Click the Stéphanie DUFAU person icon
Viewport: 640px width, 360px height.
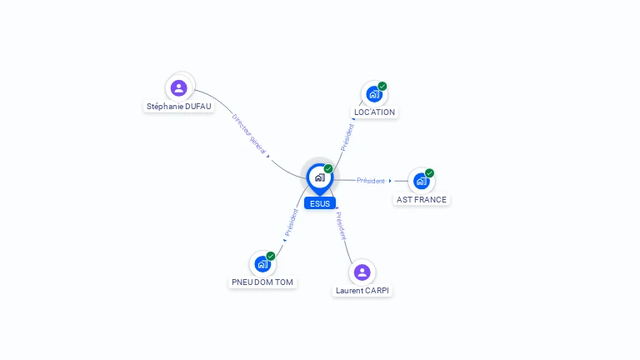(179, 87)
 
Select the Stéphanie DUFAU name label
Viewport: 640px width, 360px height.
(179, 107)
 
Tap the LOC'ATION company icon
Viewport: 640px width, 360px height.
(374, 94)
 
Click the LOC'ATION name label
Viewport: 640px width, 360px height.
(374, 112)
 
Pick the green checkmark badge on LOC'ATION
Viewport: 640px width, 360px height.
(382, 86)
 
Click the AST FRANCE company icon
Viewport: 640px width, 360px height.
(421, 181)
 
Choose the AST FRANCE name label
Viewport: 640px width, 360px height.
(421, 200)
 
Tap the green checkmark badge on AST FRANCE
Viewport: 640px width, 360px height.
(429, 173)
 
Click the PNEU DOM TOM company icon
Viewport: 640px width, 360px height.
(262, 264)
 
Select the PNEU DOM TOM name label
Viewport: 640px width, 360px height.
(262, 282)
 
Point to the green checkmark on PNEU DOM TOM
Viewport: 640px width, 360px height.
(271, 256)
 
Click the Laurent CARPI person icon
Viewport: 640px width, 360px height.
(362, 272)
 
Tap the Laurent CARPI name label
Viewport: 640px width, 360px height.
(362, 291)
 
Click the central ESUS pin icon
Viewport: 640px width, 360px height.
(320, 179)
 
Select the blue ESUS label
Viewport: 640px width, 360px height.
(320, 203)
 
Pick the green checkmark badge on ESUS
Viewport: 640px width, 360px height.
(328, 168)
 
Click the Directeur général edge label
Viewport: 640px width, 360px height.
(249, 134)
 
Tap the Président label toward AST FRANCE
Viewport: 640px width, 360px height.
(371, 180)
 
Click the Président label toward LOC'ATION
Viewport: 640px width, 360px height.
(347, 137)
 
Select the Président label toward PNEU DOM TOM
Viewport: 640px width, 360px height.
(292, 222)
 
